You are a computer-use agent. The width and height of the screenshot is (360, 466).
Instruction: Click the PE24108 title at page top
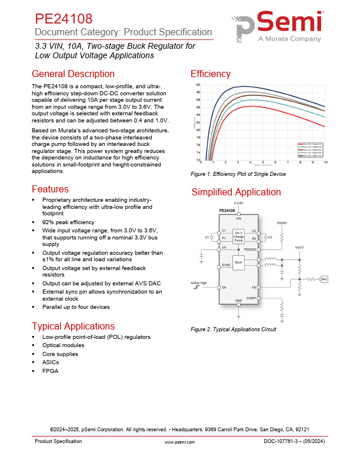63,19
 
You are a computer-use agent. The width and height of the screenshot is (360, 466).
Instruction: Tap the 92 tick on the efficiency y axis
198,85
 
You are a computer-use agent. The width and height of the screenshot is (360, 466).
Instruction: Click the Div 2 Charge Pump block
238,237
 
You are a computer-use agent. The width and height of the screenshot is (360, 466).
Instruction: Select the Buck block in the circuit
238,262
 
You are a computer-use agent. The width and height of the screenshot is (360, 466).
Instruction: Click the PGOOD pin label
250,249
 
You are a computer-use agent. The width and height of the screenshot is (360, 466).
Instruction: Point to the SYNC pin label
226,265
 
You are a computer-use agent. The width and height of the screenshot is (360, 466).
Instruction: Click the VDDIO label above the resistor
282,223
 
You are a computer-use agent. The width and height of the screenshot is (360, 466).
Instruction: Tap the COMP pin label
251,298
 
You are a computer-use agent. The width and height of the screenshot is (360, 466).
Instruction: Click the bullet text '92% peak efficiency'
68,222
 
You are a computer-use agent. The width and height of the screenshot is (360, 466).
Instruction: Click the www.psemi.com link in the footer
179,441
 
